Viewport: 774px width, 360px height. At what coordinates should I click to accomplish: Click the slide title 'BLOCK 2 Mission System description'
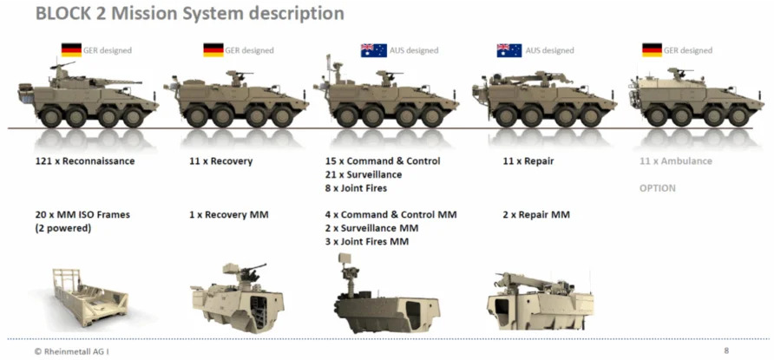tap(189, 13)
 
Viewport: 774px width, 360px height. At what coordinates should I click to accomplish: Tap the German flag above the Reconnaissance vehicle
tap(71, 49)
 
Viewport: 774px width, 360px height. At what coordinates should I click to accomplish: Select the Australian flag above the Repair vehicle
tap(509, 50)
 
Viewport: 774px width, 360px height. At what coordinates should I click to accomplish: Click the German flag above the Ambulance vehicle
tap(652, 49)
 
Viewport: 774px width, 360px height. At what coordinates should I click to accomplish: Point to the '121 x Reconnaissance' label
tap(85, 161)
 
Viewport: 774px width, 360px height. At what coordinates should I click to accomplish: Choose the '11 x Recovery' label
tap(220, 161)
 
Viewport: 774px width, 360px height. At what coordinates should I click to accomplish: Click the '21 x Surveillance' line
tap(364, 174)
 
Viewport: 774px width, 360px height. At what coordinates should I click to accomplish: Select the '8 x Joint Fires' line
tap(357, 188)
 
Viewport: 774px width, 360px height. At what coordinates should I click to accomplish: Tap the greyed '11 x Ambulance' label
tap(676, 161)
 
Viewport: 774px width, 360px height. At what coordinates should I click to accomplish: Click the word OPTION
tap(658, 188)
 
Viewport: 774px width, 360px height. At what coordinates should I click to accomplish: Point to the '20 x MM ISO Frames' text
tap(83, 214)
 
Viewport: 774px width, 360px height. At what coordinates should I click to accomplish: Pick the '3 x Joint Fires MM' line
tap(367, 242)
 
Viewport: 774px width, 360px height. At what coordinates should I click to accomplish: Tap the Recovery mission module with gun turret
tap(237, 298)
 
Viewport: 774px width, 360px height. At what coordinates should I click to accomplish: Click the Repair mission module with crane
tap(540, 301)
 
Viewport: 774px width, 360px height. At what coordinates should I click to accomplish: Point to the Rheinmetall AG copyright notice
tap(69, 351)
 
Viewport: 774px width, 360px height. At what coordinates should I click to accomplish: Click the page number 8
tap(726, 351)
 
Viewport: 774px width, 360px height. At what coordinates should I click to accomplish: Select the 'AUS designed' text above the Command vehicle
tap(414, 50)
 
